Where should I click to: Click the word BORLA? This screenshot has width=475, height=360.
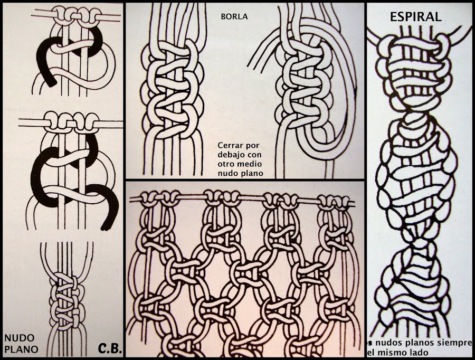[x=234, y=16]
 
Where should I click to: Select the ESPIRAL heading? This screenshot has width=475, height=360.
[x=415, y=16]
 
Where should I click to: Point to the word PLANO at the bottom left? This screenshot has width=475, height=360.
[x=21, y=348]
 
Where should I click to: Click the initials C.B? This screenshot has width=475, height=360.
[x=110, y=348]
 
